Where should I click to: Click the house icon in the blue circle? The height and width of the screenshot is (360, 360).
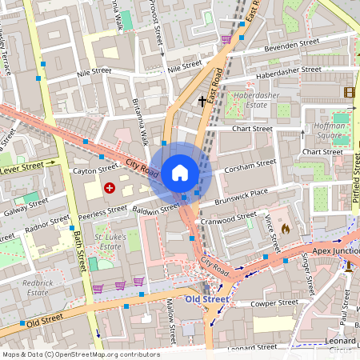point(180,172)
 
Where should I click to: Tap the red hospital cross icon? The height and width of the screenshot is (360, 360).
point(110,187)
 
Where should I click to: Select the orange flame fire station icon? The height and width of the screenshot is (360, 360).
point(286,229)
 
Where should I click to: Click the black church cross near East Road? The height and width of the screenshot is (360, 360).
point(202,101)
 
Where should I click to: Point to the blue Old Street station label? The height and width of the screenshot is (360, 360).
point(206,299)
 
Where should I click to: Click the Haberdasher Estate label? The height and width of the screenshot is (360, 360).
point(250,99)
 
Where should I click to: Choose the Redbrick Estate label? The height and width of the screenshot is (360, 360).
point(37,287)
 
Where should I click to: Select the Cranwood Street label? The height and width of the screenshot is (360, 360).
point(229,218)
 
